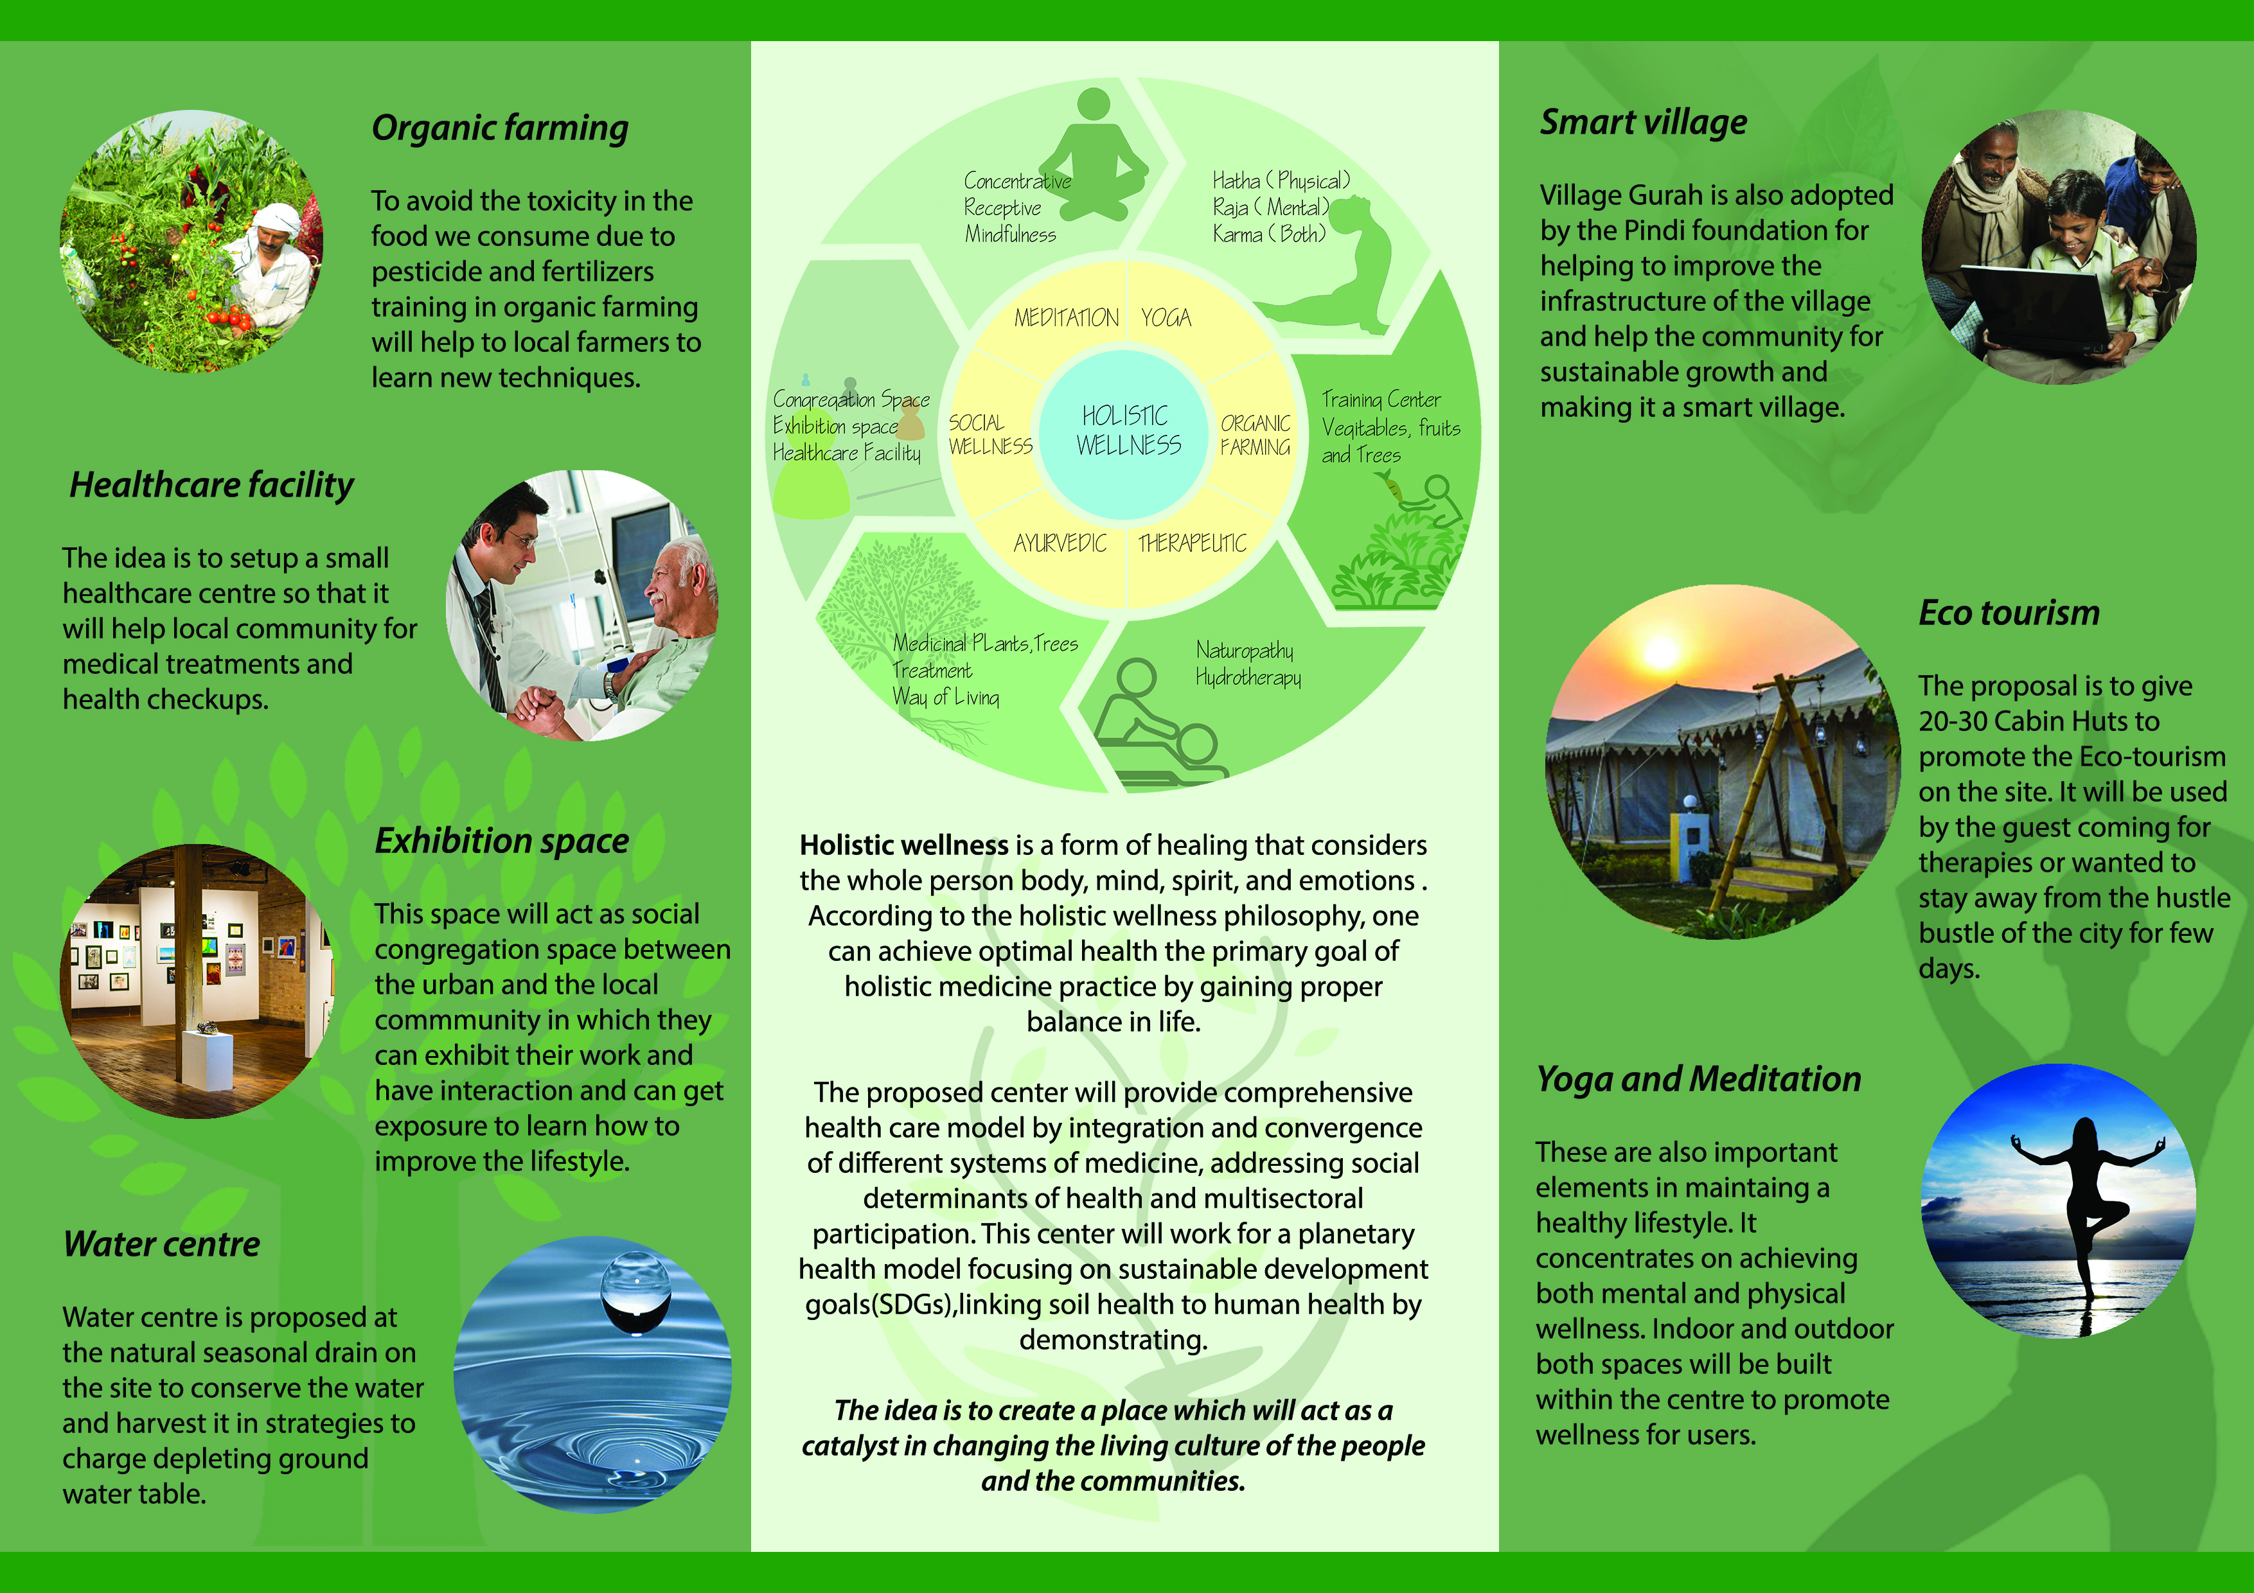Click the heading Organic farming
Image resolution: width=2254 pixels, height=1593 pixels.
(x=500, y=128)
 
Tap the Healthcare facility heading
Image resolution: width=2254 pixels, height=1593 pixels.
(x=211, y=485)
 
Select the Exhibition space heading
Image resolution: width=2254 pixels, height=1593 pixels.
(x=502, y=841)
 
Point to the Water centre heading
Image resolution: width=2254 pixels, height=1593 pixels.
(x=162, y=1244)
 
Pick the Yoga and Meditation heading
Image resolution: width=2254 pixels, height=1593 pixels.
(x=1698, y=1078)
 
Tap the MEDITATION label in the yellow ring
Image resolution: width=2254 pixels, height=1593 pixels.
(x=1066, y=318)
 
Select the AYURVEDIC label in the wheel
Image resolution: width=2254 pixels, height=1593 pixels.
(x=1060, y=543)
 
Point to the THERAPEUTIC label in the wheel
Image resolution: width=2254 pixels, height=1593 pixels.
(x=1192, y=543)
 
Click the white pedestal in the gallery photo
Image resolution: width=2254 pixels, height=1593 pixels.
(x=206, y=1060)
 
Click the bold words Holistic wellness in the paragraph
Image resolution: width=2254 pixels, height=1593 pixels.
(x=903, y=845)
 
